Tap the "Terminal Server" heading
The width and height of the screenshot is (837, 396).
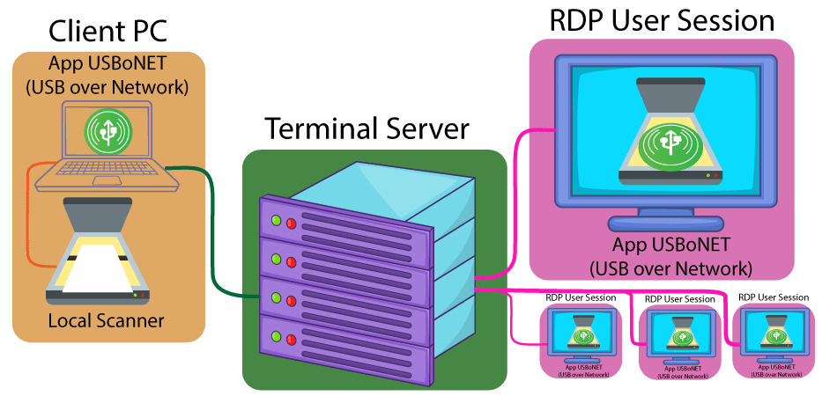[367, 129]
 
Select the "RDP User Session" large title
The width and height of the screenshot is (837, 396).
[661, 21]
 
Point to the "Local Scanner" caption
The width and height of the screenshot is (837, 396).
[106, 320]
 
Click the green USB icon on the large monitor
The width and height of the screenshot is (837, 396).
[666, 145]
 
